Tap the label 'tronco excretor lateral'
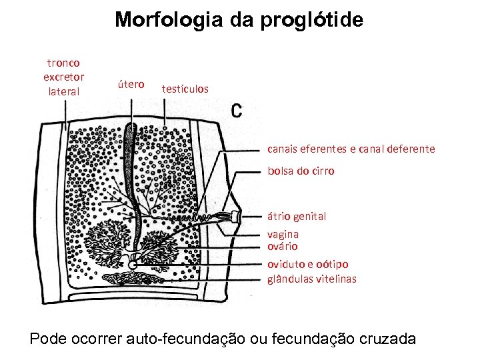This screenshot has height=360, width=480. point(63,77)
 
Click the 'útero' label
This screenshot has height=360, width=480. point(131,84)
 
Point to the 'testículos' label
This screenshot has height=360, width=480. point(185,89)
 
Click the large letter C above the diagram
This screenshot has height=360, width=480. point(236,110)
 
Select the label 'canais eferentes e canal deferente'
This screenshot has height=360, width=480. point(351,149)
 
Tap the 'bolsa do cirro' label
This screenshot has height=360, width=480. point(301,171)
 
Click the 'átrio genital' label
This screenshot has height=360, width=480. point(297,216)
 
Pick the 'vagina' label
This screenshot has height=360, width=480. point(283,234)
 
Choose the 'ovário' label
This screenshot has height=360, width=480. point(283,246)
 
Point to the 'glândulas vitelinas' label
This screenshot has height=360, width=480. point(312,279)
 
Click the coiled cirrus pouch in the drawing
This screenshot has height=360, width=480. point(217,217)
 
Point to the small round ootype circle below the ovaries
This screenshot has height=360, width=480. point(133,265)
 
